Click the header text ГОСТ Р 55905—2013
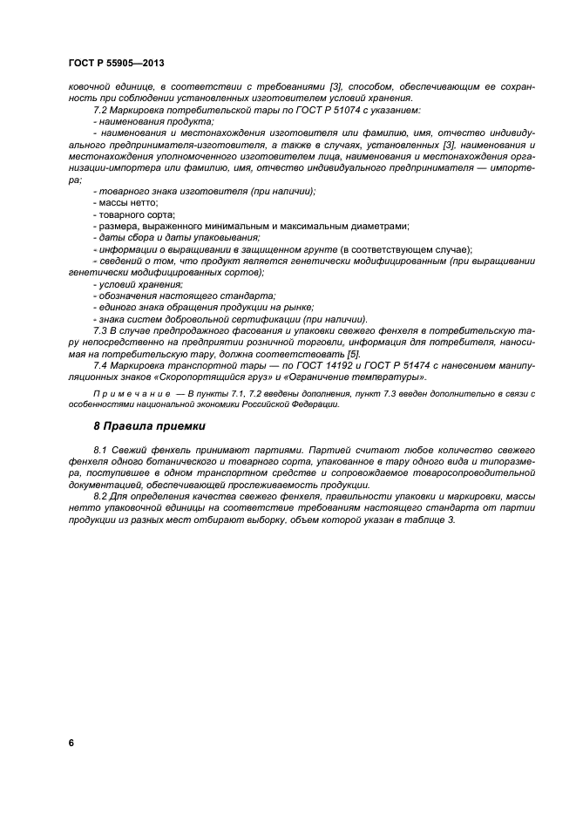116,65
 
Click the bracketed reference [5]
353,355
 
